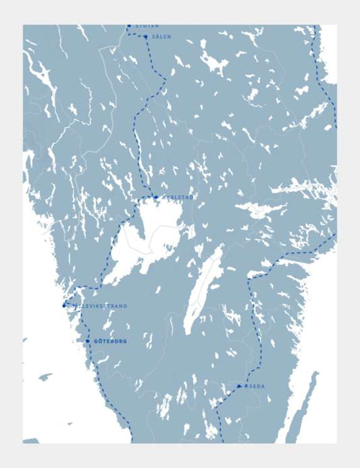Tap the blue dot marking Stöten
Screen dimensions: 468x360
129,26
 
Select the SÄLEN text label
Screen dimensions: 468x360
161,36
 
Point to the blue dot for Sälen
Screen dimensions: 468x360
145,36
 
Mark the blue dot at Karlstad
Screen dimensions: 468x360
155,197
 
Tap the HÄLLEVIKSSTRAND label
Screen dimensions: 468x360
98,306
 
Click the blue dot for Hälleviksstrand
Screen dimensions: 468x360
64,305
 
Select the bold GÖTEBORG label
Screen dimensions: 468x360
110,342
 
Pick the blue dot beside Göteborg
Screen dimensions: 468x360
87,341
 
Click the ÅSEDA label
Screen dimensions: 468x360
255,386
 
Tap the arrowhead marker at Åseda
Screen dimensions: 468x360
239,386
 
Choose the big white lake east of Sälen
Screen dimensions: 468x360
215,64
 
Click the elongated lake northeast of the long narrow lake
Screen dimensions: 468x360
259,210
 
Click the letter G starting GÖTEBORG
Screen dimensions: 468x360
96,342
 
